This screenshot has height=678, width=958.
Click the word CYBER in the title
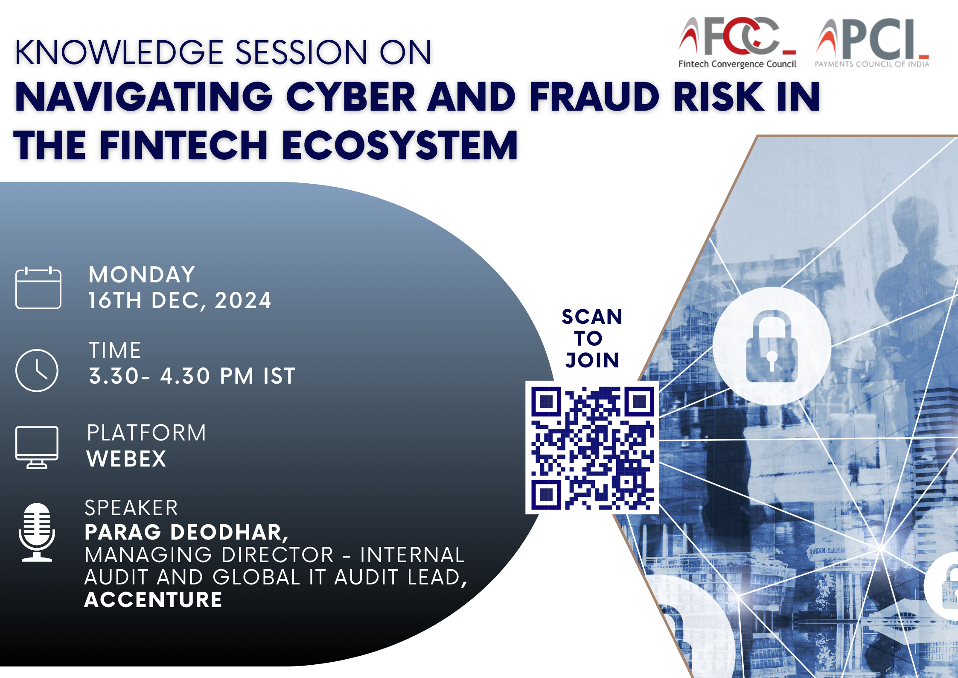[x=351, y=97]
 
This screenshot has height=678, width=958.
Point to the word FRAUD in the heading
[x=594, y=97]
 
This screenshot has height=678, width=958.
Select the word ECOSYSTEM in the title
[x=400, y=145]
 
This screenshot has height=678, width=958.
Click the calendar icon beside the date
[x=38, y=288]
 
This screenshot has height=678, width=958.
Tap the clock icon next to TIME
[x=37, y=370]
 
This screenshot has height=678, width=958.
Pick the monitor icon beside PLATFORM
[x=37, y=447]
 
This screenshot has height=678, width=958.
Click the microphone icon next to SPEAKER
[x=37, y=532]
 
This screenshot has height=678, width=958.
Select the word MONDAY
[x=142, y=275]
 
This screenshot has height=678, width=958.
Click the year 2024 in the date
[x=243, y=300]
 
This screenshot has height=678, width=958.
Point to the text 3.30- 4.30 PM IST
[x=192, y=376]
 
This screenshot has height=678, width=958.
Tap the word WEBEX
[x=126, y=459]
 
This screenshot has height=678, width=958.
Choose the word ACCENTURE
[x=153, y=599]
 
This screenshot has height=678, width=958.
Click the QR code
[x=592, y=448]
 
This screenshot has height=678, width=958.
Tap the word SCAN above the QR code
[x=592, y=317]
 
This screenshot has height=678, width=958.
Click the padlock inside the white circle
[x=772, y=346]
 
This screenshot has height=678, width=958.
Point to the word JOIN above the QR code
[x=592, y=360]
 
